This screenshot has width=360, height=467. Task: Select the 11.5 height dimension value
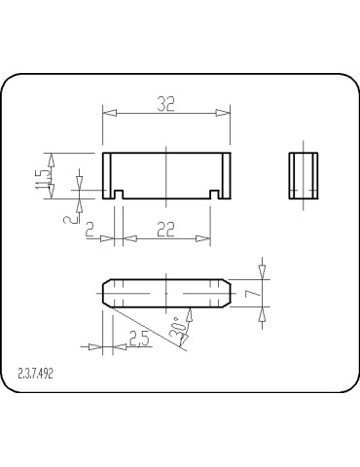click(42, 176)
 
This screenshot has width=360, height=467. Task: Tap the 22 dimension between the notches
click(166, 229)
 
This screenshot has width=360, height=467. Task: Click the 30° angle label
click(177, 330)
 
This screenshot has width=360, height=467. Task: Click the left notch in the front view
click(118, 195)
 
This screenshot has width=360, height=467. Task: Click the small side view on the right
click(304, 175)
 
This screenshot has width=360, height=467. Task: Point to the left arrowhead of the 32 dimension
click(109, 114)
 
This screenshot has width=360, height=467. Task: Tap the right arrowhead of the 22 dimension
click(205, 237)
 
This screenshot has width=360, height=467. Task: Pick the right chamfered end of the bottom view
click(226, 293)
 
